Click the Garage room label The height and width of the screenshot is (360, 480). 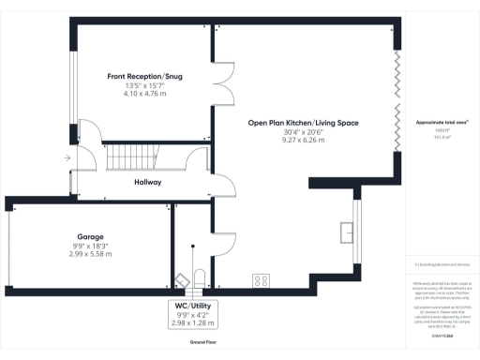90,237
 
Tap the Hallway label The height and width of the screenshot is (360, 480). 147,182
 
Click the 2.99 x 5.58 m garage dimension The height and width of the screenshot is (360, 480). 90,254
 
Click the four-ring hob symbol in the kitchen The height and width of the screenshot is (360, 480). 262,279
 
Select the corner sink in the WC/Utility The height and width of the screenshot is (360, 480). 179,279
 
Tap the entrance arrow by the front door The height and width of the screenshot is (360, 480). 67,158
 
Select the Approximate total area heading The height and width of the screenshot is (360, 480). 441,123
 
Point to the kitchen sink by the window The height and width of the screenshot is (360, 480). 346,229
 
